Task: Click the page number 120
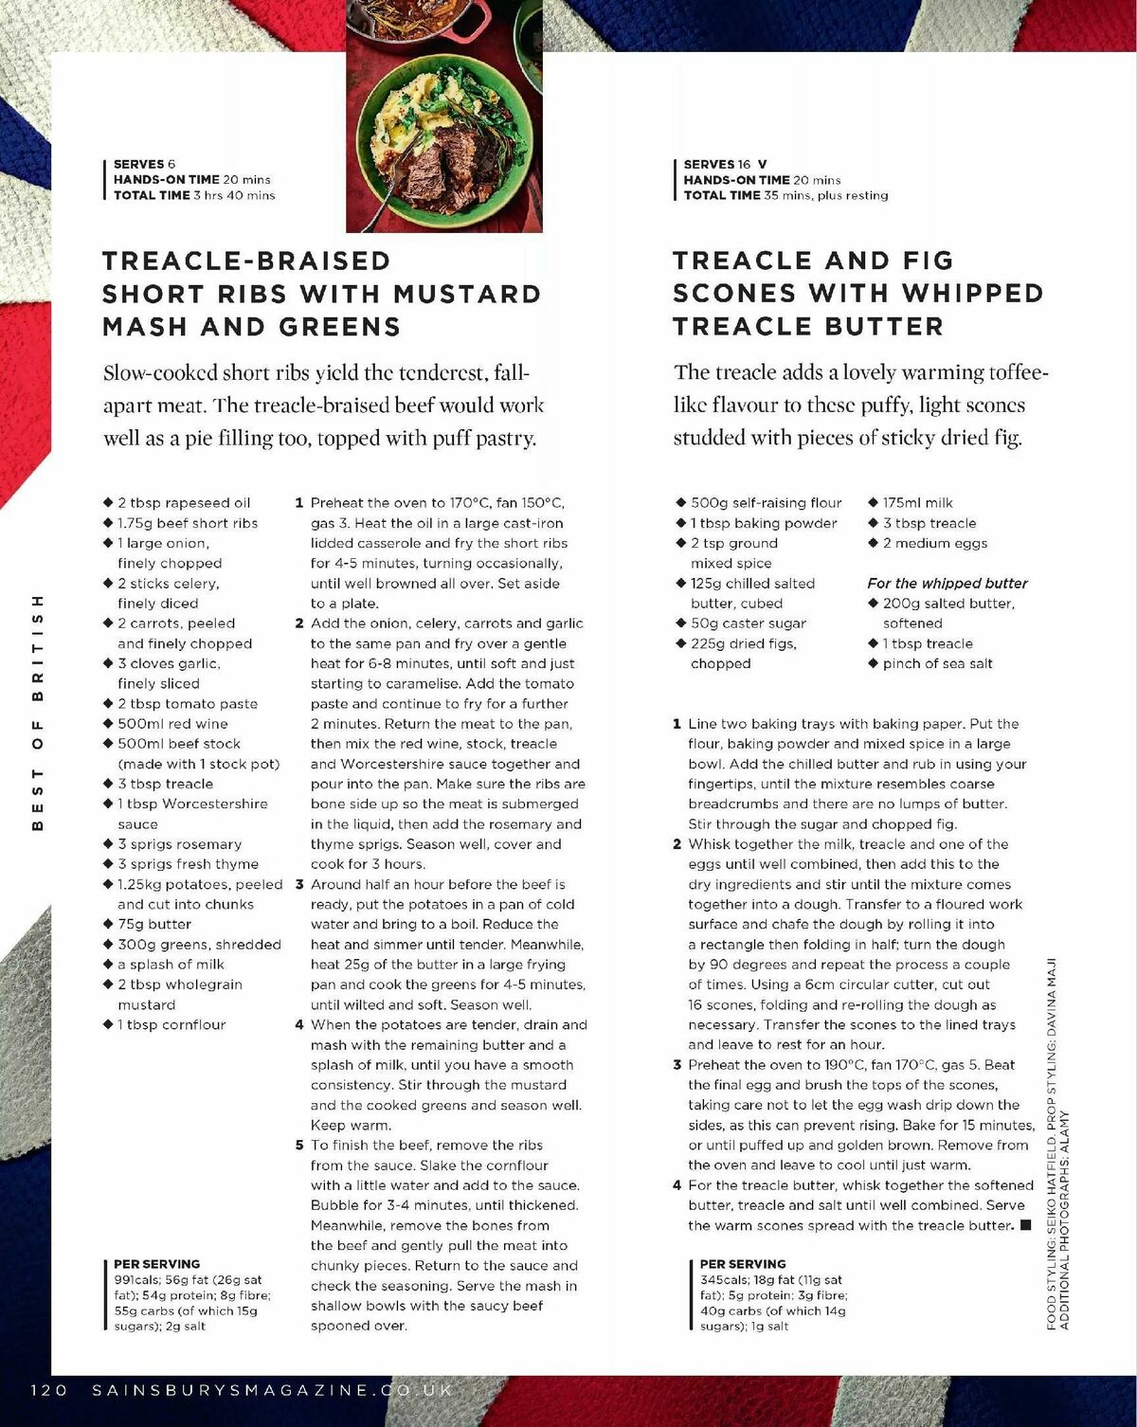click(49, 1390)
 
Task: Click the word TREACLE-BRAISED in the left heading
click(246, 261)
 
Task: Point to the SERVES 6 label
click(144, 164)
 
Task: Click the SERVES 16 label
click(717, 164)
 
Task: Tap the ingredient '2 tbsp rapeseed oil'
click(184, 503)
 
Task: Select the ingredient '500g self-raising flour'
click(766, 503)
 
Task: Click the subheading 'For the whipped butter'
click(947, 584)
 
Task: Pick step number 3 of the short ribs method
click(299, 884)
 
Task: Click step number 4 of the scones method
click(677, 1185)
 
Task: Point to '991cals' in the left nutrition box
click(137, 1279)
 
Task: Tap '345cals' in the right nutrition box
click(724, 1279)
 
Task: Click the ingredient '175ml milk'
click(917, 503)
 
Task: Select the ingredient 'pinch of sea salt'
click(937, 663)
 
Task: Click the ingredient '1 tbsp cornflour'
click(171, 1024)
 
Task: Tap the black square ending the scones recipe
click(1025, 1225)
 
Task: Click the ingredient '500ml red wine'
click(172, 724)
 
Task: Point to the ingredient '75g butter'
click(153, 924)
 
